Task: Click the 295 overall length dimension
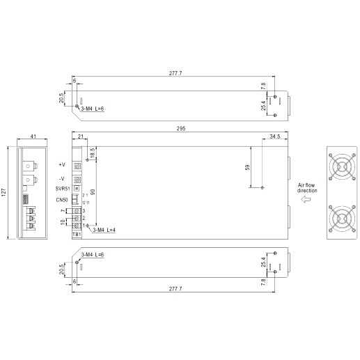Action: [181, 128]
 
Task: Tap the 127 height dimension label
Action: [3, 192]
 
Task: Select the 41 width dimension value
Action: [33, 136]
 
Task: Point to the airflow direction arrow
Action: [306, 199]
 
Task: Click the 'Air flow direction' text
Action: [307, 188]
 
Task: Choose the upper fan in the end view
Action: [342, 166]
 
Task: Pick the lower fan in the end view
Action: [342, 218]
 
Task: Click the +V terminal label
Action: [62, 164]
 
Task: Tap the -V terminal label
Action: [62, 178]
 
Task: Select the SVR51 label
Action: [63, 189]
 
